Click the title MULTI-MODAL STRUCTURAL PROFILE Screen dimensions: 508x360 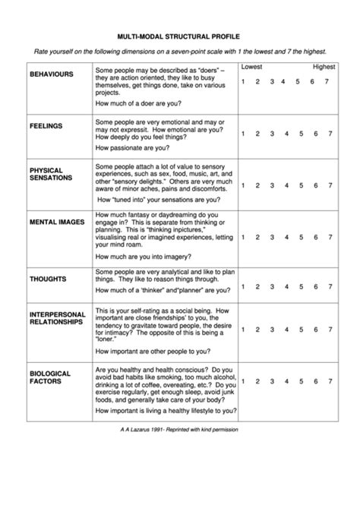coord(179,34)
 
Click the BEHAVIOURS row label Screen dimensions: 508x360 coord(51,74)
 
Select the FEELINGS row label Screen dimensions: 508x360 coord(46,125)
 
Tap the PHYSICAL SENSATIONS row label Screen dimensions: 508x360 coord(51,174)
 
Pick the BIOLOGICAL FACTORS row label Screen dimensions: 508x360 coord(50,377)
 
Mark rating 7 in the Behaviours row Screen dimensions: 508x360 coord(330,82)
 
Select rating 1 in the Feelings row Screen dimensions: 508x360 coord(243,134)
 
